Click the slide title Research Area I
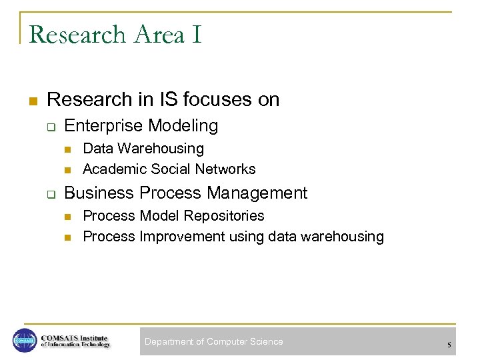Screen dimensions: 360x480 115,35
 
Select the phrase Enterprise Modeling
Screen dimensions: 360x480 141,125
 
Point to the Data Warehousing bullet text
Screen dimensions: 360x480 143,149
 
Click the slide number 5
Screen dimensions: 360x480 449,345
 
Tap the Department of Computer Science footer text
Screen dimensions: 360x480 214,342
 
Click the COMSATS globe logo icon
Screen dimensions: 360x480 24,340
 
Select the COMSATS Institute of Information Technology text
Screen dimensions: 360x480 75,341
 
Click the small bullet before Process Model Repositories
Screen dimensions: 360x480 67,217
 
